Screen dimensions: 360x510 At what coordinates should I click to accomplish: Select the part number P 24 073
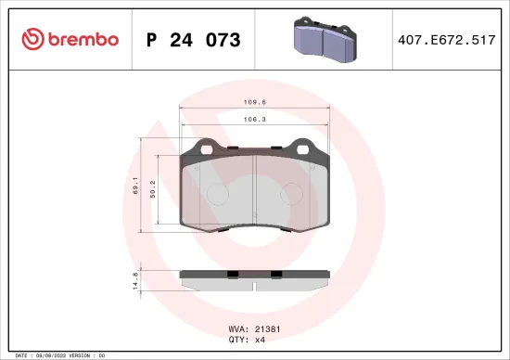[x=194, y=40]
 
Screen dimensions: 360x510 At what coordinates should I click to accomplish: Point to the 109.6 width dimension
[x=255, y=103]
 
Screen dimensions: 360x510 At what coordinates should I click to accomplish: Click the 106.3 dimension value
[x=255, y=119]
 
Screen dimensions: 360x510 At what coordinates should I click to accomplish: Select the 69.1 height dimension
[x=135, y=184]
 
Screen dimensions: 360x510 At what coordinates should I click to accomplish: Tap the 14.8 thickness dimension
[x=135, y=280]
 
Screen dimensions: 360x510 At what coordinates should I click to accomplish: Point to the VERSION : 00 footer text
[x=91, y=355]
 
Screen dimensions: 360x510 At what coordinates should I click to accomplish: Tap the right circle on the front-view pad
[x=294, y=193]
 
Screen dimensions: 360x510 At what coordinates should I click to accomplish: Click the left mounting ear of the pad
[x=199, y=146]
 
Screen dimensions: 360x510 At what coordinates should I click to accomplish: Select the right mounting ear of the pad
[x=302, y=146]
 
